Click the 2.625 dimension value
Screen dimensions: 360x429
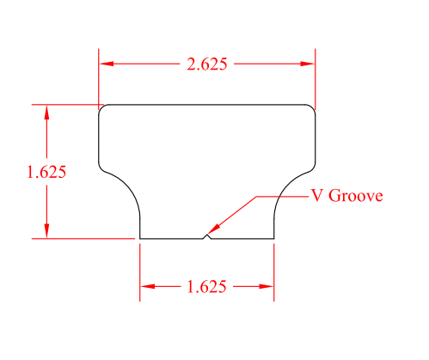pos(207,64)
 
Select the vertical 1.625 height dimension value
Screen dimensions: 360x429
pos(46,171)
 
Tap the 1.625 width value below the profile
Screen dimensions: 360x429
pos(206,287)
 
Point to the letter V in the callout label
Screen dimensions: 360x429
pos(317,195)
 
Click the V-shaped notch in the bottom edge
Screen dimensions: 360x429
pos(205,235)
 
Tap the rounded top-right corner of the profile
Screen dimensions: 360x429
pos(312,108)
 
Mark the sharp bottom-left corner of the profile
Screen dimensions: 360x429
pos(140,238)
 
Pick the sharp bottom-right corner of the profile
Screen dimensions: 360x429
pos(274,238)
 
